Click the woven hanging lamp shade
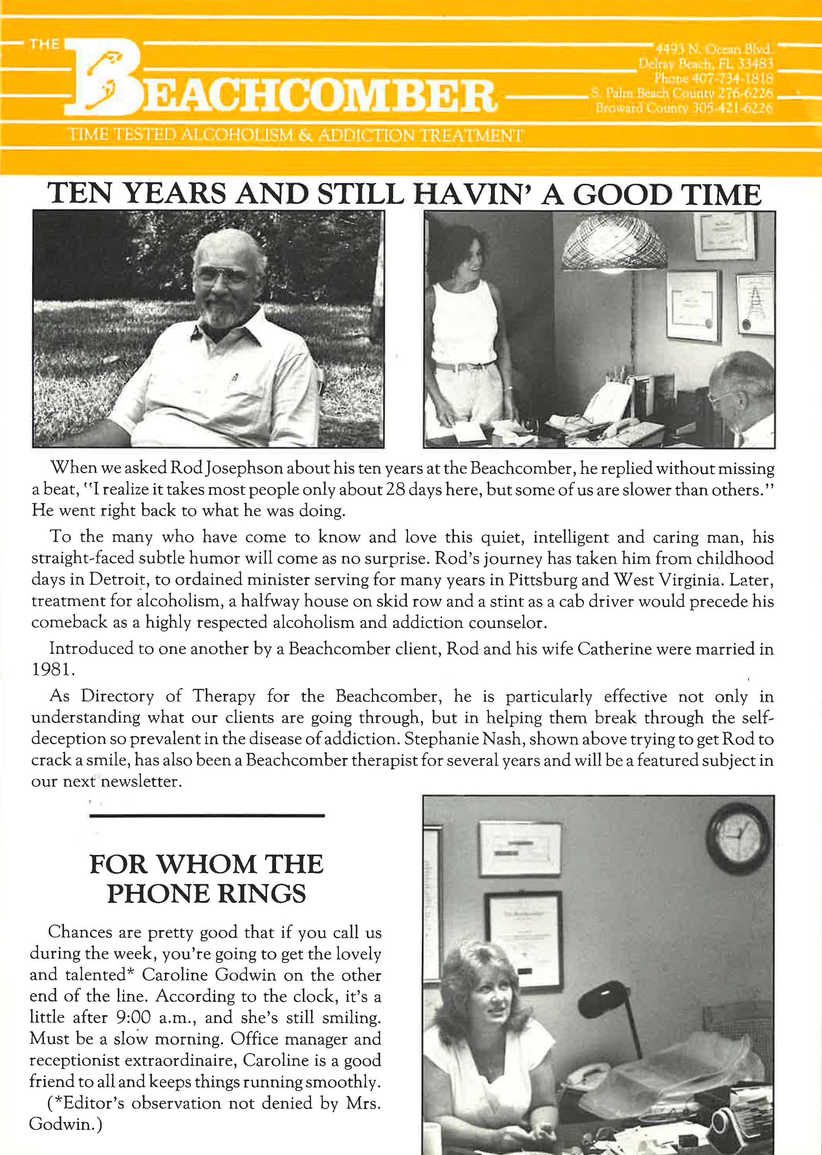click(613, 245)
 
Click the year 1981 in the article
click(53, 670)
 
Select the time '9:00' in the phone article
click(133, 1017)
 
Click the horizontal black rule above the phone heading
click(207, 815)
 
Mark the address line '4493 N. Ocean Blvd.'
click(713, 49)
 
